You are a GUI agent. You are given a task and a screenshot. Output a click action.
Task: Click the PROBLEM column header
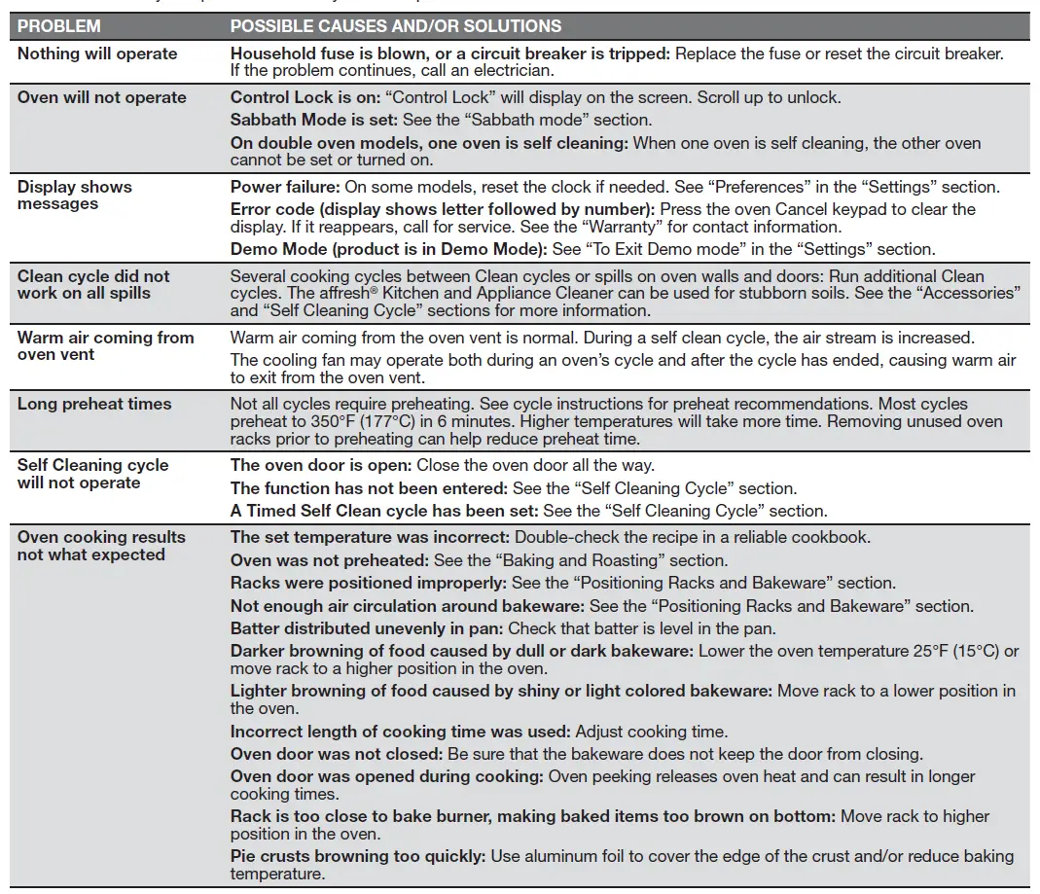coord(58,26)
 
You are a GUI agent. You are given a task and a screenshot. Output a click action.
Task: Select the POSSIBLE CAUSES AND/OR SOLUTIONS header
coord(395,26)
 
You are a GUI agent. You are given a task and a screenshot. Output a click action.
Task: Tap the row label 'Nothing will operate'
coord(97,54)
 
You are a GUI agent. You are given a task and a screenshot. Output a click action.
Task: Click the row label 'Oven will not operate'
coord(101,97)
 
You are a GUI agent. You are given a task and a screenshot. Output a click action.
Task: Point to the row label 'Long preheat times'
coord(93,404)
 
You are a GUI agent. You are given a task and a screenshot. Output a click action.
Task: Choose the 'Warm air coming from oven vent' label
coord(105,345)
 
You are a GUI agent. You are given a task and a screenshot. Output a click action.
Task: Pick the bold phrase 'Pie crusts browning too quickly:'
coord(358,856)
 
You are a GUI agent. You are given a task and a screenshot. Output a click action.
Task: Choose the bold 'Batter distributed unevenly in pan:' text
coord(367,628)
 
